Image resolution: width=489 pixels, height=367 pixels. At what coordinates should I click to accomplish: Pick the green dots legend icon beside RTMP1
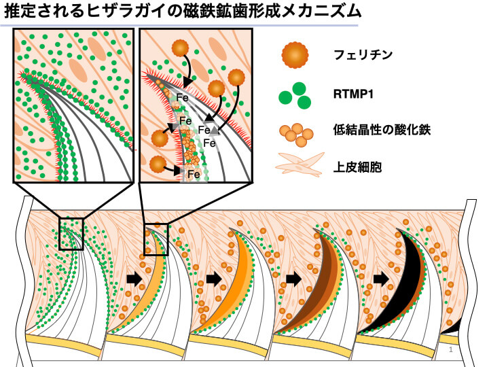coord(295,95)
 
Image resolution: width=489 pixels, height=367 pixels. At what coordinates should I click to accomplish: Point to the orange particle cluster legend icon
coord(297,133)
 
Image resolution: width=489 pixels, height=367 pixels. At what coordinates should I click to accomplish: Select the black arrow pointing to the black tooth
coord(381,278)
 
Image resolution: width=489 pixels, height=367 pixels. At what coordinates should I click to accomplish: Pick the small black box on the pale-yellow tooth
coord(156,239)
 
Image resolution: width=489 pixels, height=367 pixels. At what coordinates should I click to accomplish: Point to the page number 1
coord(451,349)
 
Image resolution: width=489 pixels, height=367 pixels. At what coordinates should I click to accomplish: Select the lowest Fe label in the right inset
coord(193,175)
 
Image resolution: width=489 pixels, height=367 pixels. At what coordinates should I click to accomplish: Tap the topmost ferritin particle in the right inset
coord(179,48)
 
